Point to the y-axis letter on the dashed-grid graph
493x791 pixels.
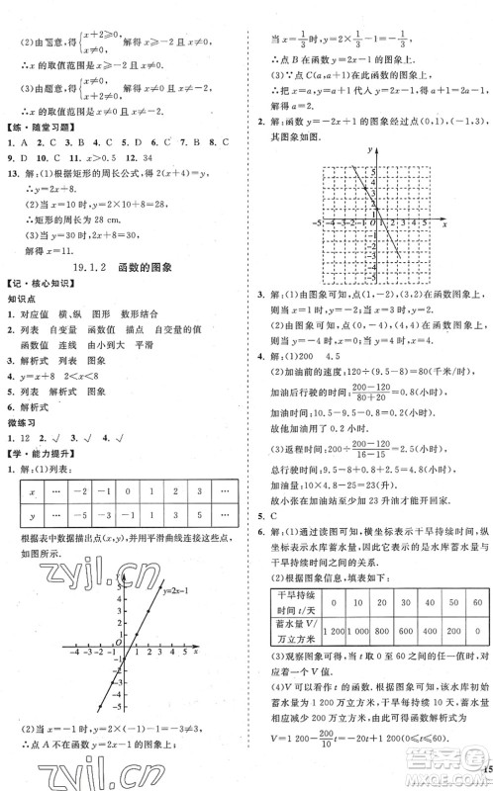tap(368, 148)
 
